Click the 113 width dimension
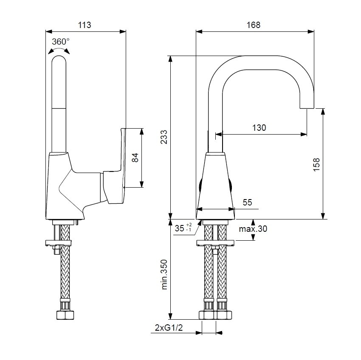tap(85, 25)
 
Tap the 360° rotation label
tap(60, 42)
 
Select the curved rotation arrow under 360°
tap(59, 51)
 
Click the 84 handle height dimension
tap(135, 158)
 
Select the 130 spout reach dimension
tap(259, 127)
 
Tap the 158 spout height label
tap(316, 165)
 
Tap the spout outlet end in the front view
tap(307, 104)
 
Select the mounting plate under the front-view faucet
tap(215, 243)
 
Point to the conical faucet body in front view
tap(215, 183)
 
